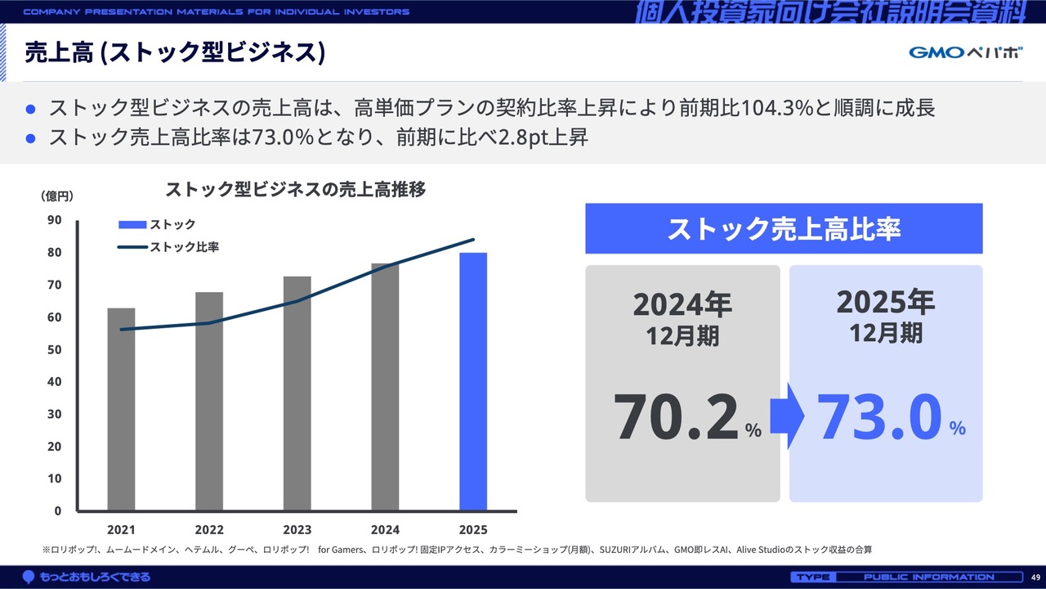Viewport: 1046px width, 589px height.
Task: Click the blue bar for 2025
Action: click(x=473, y=382)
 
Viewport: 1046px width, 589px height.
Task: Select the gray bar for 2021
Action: click(x=121, y=409)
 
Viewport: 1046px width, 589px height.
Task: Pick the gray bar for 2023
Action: click(x=297, y=393)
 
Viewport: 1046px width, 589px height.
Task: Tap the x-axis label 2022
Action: click(x=209, y=529)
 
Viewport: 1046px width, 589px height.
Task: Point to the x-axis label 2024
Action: click(x=385, y=529)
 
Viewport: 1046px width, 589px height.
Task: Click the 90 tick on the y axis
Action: click(x=55, y=220)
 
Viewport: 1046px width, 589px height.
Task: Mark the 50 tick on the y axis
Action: click(x=55, y=349)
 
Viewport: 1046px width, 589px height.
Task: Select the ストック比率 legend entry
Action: click(x=184, y=246)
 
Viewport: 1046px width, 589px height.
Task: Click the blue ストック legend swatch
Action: click(x=132, y=225)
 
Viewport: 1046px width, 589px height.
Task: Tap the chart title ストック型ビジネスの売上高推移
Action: click(x=295, y=190)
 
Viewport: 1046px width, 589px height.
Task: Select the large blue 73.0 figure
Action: click(x=878, y=417)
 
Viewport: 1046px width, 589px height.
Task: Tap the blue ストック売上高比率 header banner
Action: click(x=784, y=229)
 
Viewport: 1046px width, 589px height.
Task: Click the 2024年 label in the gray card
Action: click(x=682, y=305)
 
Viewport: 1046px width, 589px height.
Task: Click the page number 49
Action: click(x=1035, y=577)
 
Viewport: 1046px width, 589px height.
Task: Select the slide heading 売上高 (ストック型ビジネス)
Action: click(x=176, y=52)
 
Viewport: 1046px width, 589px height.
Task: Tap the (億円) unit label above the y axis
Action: click(x=57, y=196)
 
